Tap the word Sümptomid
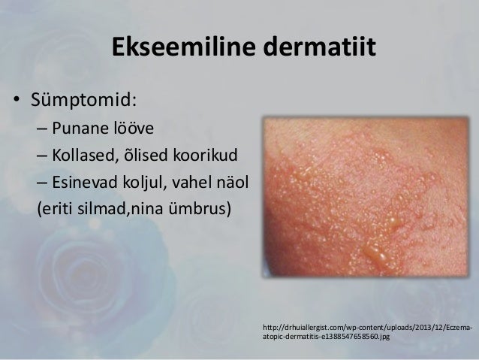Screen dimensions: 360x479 84,99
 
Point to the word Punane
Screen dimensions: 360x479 83,128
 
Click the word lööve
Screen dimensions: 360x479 135,128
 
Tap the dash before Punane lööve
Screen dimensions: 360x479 42,129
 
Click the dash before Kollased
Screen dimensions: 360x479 42,157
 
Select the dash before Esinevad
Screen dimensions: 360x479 42,183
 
